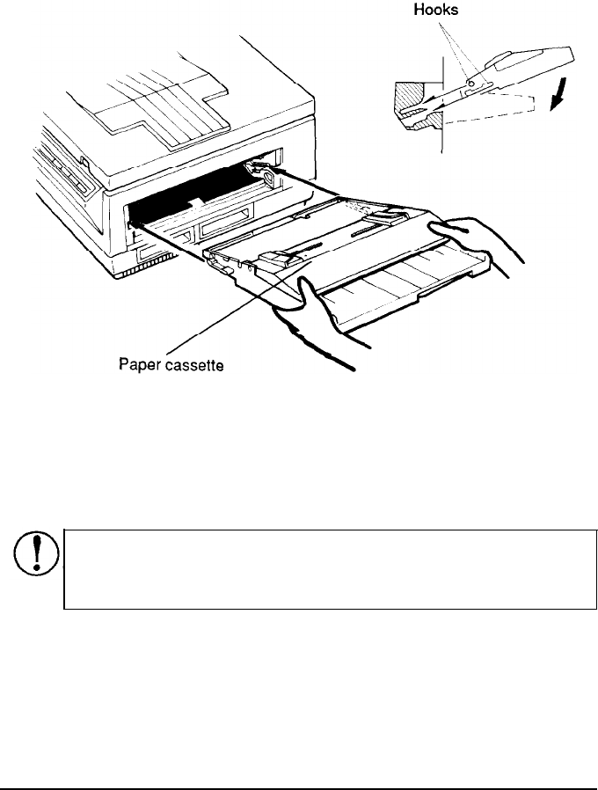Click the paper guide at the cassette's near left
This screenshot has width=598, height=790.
pos(276,259)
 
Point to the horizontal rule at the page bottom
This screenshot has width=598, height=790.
pos(299,765)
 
